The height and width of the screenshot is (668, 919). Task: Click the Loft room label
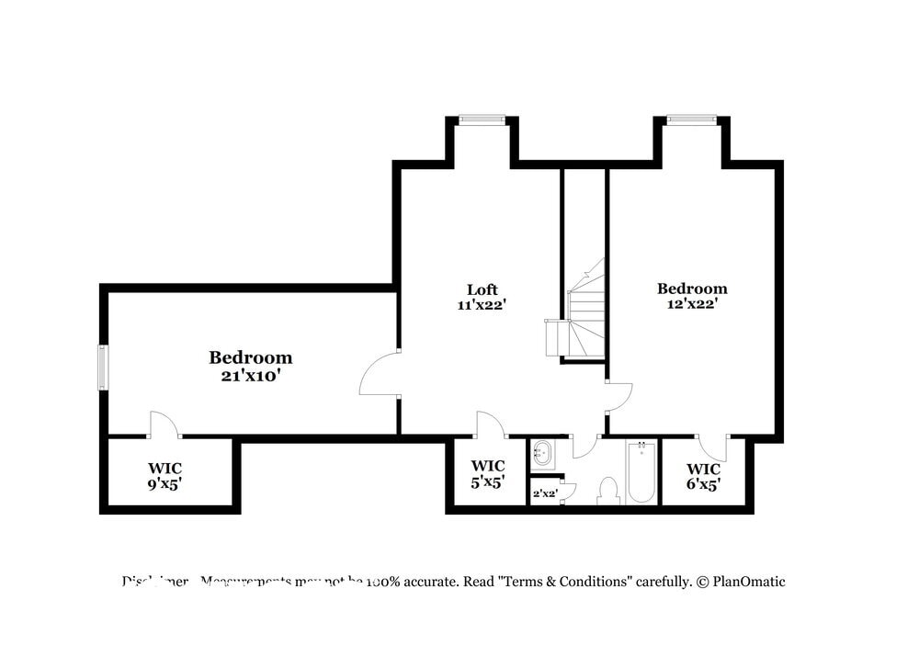(482, 289)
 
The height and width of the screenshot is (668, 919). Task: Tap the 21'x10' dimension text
(250, 375)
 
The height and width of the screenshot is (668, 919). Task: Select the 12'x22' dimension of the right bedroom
(692, 303)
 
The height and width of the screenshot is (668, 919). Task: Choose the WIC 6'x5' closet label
(703, 475)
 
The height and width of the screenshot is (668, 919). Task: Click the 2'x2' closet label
(545, 493)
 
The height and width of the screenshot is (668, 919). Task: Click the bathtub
(641, 472)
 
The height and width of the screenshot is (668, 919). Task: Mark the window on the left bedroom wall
(103, 367)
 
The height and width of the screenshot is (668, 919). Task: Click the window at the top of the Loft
(482, 119)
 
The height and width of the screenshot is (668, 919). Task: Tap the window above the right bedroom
(691, 119)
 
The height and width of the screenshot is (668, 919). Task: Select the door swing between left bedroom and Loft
(380, 374)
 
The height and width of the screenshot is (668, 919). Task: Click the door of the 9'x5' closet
(164, 425)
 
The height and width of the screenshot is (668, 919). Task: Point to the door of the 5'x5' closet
(491, 425)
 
